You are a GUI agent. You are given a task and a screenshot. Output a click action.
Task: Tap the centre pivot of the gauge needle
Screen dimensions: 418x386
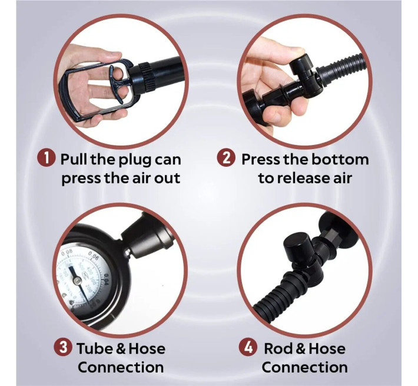coord(78,280)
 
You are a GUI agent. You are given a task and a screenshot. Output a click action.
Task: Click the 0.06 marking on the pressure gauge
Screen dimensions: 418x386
coord(94,256)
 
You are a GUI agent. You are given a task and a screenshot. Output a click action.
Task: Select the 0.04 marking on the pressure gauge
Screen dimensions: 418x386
coord(106,280)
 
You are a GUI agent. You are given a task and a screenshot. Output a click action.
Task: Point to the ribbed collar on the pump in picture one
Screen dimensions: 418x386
coord(147,75)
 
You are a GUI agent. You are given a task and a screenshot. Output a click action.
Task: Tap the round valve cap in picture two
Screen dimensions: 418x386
coord(301,65)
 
